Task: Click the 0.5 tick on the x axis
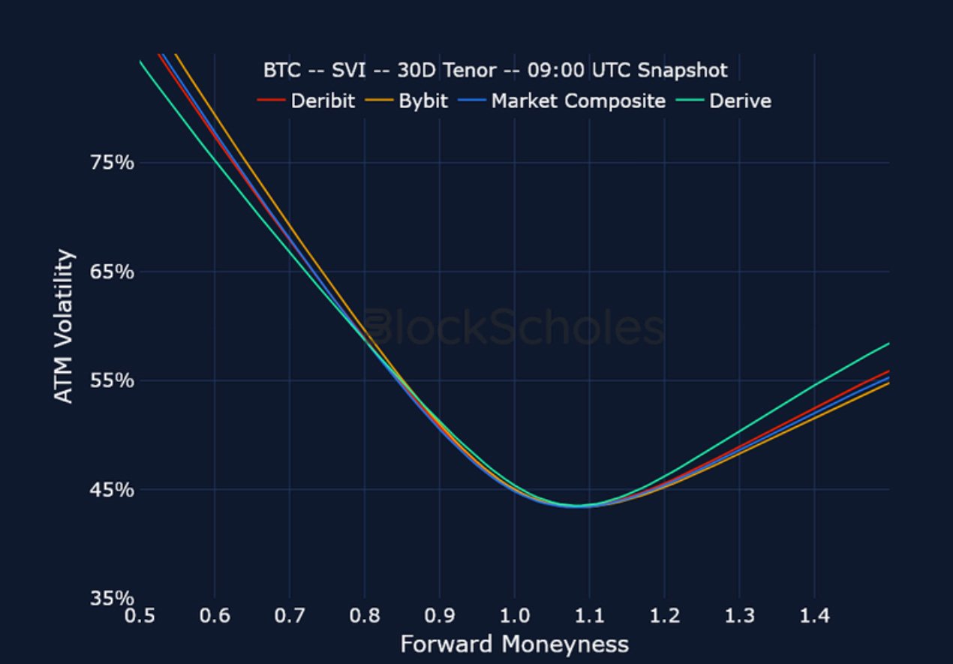click(x=140, y=617)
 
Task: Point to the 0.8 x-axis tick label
click(x=365, y=617)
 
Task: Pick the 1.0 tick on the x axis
click(x=514, y=617)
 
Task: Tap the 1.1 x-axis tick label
click(x=589, y=617)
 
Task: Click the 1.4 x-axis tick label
click(x=814, y=617)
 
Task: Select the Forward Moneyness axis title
click(x=514, y=644)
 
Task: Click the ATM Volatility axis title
click(x=66, y=326)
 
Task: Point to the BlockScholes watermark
click(x=514, y=329)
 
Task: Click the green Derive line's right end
click(x=888, y=344)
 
